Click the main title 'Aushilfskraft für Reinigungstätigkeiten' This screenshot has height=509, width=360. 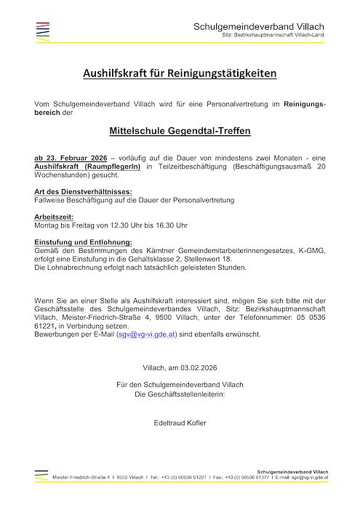click(180, 74)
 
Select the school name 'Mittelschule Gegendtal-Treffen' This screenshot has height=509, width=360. click(180, 132)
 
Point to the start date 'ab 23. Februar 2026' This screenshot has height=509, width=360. click(66, 158)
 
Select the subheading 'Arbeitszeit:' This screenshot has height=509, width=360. click(53, 217)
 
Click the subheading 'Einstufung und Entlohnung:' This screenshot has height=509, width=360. click(83, 241)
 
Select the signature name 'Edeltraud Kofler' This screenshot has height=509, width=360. click(180, 422)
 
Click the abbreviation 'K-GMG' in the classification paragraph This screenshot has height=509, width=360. click(311, 251)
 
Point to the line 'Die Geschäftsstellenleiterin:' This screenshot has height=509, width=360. click(180, 393)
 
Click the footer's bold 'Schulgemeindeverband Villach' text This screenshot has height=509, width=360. click(292, 471)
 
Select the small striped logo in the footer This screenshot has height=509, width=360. click(41, 475)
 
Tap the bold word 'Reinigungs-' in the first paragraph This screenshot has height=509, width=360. click(305, 105)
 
